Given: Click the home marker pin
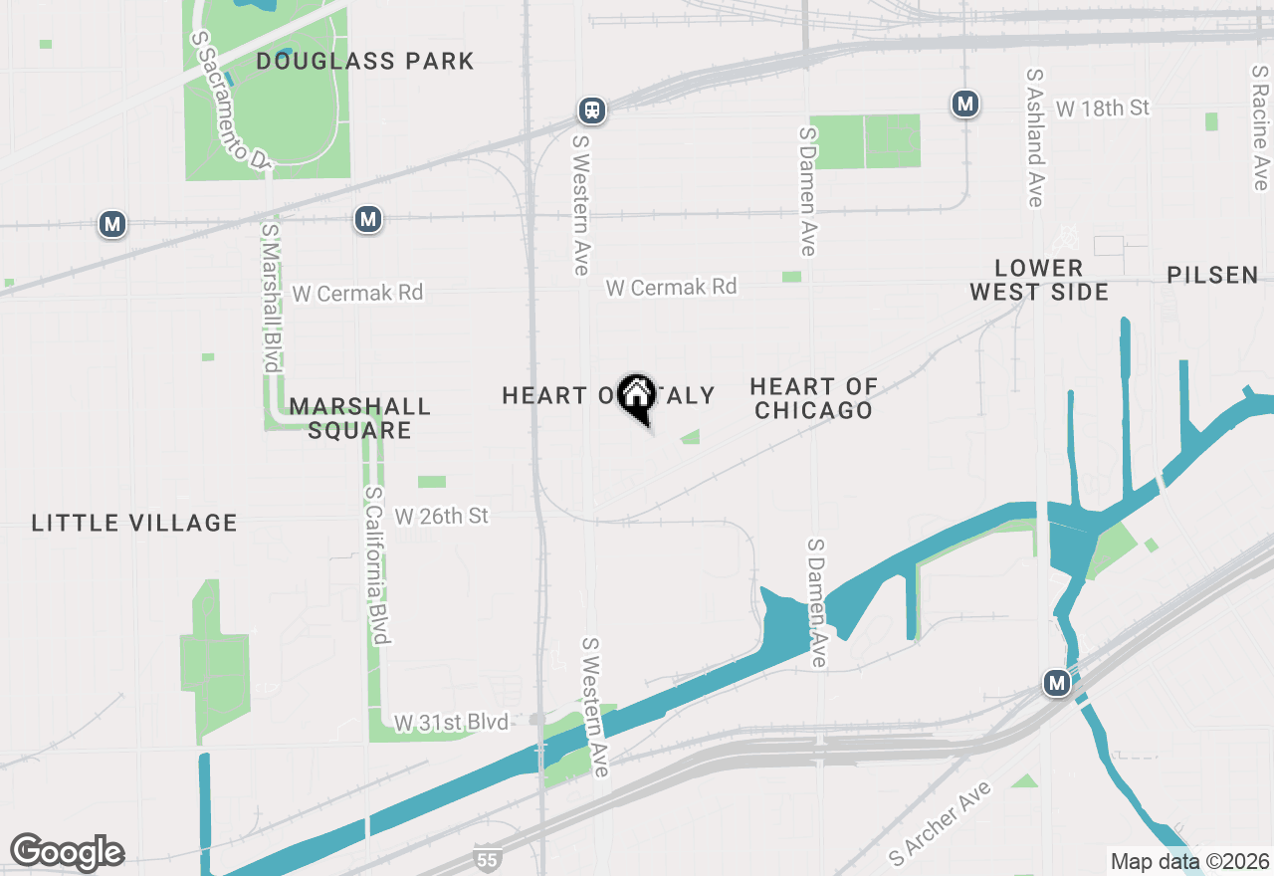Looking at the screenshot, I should tap(636, 397).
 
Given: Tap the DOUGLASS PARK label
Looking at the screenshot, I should tap(365, 61).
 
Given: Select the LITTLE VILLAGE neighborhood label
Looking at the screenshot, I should tap(134, 523).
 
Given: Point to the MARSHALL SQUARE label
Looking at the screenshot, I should tap(359, 418).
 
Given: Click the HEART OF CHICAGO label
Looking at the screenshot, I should tap(813, 398).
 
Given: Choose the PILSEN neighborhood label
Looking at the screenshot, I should tap(1212, 275).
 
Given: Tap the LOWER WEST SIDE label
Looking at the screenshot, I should tap(1039, 280).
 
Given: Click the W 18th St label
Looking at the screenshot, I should tap(1103, 108).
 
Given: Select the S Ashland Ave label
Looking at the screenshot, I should tap(1035, 138).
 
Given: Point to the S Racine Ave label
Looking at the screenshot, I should tap(1260, 128).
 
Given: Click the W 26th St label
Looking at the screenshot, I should tap(442, 516).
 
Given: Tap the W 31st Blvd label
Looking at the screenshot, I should tap(451, 722).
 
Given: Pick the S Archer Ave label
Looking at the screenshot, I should tap(941, 822).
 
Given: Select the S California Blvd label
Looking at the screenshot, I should tap(379, 564).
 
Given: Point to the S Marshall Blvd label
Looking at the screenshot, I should tap(270, 298).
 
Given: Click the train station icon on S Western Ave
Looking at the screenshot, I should tap(592, 109).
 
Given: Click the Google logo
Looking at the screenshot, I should tap(67, 852).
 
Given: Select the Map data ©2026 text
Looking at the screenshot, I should tap(1189, 861).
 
